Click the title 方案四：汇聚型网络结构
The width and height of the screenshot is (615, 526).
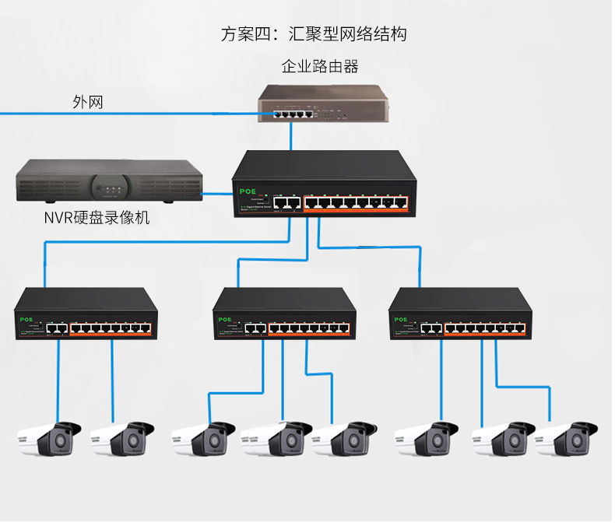(314, 34)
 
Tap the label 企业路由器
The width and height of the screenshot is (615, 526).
(320, 66)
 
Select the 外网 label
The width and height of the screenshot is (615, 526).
(88, 102)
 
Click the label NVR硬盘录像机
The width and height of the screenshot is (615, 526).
(97, 218)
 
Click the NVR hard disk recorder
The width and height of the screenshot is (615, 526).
(110, 181)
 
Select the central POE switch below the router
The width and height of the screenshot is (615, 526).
(324, 184)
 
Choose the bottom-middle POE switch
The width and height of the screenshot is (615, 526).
(284, 314)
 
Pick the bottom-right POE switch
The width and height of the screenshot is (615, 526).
(461, 314)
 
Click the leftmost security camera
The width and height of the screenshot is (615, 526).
(50, 440)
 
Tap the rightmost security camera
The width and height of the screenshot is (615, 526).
(564, 440)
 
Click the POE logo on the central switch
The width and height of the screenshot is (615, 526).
(248, 191)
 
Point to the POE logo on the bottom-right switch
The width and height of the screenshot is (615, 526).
(402, 319)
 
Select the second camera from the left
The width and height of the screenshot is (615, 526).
(120, 440)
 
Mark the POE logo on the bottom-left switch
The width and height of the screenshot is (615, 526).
(26, 319)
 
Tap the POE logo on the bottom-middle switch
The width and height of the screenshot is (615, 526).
(225, 319)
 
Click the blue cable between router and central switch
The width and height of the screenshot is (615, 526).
(291, 135)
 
